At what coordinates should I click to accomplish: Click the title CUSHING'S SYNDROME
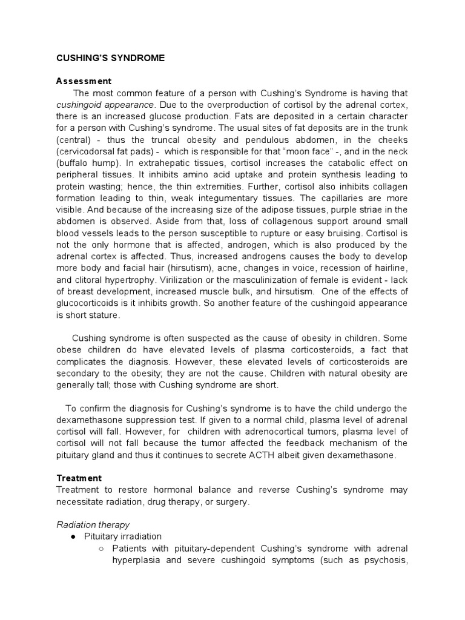click(110, 58)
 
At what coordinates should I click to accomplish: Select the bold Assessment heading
click(84, 81)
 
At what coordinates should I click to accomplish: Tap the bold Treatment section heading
click(79, 478)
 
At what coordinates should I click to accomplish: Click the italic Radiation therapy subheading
click(93, 524)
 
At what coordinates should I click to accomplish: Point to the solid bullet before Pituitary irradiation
click(73, 536)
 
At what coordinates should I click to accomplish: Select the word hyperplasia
click(135, 560)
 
